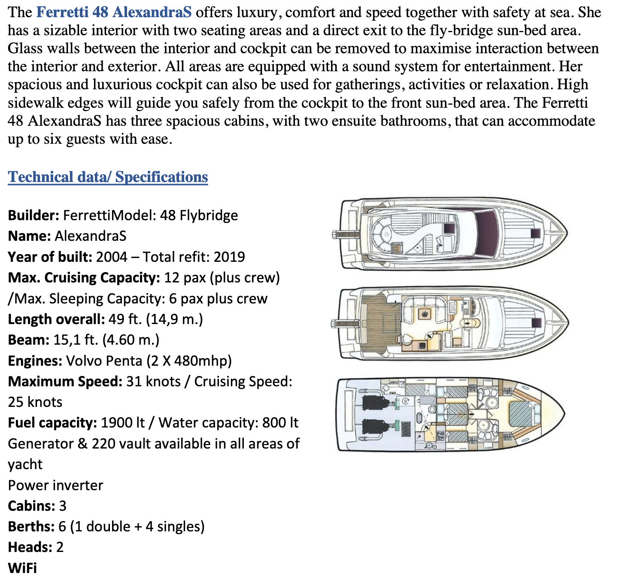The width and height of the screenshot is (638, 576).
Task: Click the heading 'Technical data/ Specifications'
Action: pos(108,177)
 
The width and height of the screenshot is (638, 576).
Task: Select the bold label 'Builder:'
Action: pos(33,215)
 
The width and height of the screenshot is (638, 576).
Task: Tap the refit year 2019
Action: pos(229,257)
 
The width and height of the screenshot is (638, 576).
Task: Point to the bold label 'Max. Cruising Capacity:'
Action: pos(84,277)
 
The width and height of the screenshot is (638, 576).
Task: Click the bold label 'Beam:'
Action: pos(29,340)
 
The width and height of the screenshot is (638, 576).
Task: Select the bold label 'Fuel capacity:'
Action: pos(52,423)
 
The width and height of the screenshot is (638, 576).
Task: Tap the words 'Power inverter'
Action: pos(55,485)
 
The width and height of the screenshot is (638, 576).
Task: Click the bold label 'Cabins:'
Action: pos(31,506)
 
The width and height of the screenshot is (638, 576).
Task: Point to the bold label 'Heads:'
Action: pos(30,547)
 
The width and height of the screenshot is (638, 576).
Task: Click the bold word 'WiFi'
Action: pos(22,567)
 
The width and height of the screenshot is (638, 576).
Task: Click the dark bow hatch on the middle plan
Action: pos(536,322)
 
